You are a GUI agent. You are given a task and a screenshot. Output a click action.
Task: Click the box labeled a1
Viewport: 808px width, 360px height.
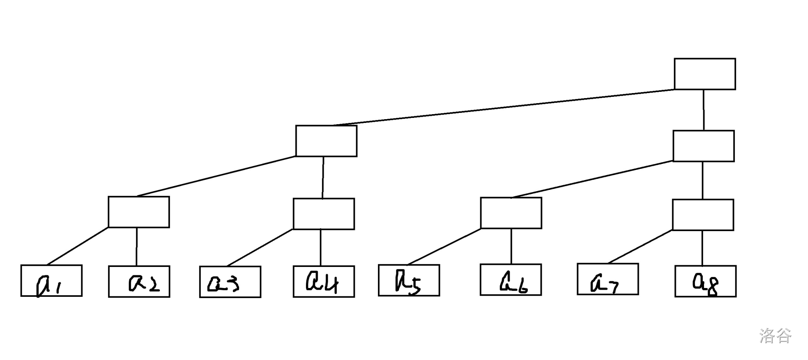coord(51,281)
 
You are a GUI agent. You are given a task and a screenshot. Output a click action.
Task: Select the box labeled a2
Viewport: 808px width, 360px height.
coord(139,282)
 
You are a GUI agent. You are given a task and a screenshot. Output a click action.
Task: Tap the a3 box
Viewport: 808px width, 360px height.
coord(230,282)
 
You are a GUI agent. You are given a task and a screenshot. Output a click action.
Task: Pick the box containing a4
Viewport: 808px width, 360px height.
coord(324,282)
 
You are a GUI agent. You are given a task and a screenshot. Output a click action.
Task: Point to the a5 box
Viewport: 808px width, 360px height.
coord(409,280)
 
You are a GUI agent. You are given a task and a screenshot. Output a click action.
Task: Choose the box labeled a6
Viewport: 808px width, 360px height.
coord(510,280)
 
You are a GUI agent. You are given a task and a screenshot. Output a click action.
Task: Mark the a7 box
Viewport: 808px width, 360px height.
coord(608,279)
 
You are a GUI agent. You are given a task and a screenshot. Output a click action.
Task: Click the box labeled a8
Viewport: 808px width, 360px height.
coord(705,281)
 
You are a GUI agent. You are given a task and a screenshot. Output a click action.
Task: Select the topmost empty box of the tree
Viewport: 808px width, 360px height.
coord(705,74)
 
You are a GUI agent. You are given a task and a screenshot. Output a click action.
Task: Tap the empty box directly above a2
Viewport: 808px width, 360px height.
coord(139,212)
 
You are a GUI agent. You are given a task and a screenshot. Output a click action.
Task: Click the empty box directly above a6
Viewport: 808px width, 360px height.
coord(511,213)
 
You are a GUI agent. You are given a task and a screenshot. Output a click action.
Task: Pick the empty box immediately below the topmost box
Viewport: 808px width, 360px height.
coord(704,146)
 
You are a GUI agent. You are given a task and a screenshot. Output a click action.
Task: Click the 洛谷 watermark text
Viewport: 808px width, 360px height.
coord(775,336)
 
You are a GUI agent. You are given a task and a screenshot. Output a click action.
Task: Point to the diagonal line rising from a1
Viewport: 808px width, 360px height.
coord(77,247)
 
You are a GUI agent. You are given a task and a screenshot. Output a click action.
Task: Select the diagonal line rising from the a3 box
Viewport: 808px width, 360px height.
coord(260,248)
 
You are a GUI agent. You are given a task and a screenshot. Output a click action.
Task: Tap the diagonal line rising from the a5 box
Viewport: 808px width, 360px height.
coord(444,247)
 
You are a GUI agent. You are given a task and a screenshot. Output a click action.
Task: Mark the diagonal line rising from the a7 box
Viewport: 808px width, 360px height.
coord(640,247)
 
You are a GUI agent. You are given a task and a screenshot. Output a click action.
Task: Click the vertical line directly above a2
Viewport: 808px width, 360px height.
coord(136,247)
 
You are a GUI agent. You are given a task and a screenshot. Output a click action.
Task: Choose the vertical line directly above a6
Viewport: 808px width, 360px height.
coord(511,246)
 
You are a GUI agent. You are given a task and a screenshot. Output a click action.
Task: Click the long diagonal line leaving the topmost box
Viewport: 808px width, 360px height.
coord(503,107)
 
